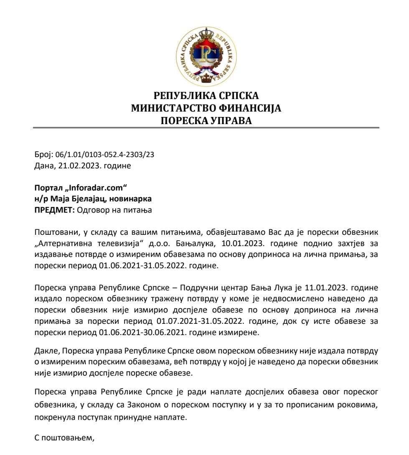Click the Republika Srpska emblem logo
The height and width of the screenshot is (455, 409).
[x=206, y=56]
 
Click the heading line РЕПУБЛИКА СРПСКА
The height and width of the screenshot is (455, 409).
[x=206, y=96]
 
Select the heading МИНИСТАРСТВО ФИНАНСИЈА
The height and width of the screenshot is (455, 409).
[x=206, y=109]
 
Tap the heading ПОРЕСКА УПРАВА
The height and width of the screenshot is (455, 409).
[x=206, y=121]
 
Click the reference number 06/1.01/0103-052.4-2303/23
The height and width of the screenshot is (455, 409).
[x=104, y=155]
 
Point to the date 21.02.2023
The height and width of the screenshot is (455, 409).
[x=75, y=165]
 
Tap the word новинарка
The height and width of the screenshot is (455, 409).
[x=132, y=198]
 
